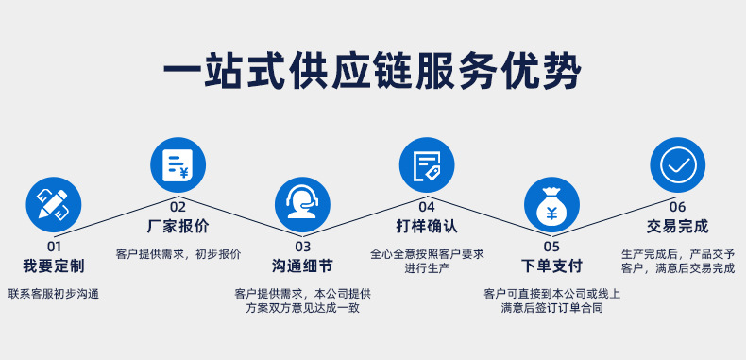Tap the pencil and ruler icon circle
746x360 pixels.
tap(54, 204)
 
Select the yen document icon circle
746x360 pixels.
tap(178, 165)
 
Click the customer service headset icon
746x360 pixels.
tap(302, 205)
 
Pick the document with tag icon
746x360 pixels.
tap(427, 165)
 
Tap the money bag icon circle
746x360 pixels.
tap(551, 205)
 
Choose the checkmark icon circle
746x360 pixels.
tap(677, 165)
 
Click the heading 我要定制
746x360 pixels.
tap(54, 266)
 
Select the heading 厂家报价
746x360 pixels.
tap(178, 227)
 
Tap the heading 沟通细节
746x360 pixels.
tap(302, 266)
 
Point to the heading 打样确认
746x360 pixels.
tap(427, 227)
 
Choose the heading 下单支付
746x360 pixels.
tap(551, 266)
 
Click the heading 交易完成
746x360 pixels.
tap(677, 227)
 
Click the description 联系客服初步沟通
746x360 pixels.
tap(54, 294)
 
